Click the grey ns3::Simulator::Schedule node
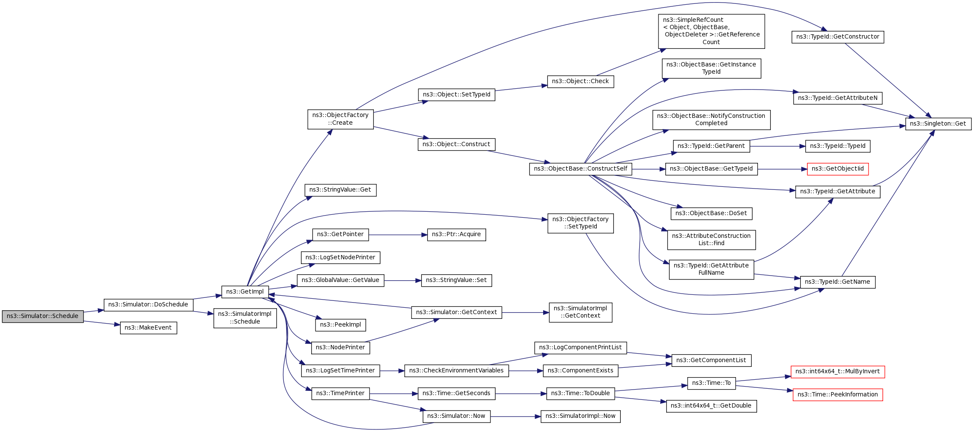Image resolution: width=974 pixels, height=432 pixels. [x=42, y=316]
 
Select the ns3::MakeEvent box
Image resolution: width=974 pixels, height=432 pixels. [x=148, y=328]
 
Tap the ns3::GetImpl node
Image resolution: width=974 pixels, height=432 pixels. [x=245, y=292]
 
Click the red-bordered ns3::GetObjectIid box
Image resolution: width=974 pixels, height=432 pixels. [x=838, y=169]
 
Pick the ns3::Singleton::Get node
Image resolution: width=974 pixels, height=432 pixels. [x=938, y=124]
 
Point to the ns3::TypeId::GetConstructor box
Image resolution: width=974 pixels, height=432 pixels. [x=838, y=37]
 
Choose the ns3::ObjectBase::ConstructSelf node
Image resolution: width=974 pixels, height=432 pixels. [x=580, y=169]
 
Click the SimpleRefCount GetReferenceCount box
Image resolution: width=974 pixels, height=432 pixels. [x=711, y=31]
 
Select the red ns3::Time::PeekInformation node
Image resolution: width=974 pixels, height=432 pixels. [x=838, y=395]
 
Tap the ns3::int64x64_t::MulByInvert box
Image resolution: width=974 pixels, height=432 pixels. [x=838, y=372]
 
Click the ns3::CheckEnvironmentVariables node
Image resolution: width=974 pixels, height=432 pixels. [x=457, y=371]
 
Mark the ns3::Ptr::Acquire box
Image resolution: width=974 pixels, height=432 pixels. [x=457, y=234]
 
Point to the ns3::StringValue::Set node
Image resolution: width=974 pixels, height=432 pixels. [x=457, y=280]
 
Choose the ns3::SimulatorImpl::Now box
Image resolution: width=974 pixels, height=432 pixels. [x=580, y=416]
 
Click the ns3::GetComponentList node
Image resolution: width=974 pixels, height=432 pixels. [x=711, y=360]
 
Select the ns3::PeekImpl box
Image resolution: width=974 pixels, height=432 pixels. [x=340, y=325]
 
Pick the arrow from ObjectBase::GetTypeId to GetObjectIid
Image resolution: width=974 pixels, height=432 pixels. [x=782, y=169]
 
